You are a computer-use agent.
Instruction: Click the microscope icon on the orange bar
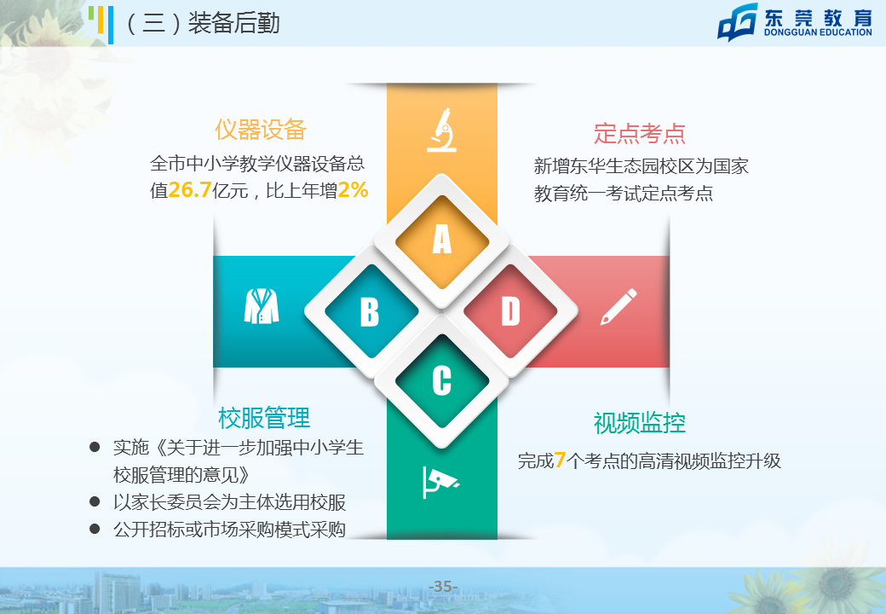(442, 130)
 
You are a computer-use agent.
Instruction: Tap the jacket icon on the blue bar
(262, 306)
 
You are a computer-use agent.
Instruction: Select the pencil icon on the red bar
(618, 307)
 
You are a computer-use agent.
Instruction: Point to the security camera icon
(440, 483)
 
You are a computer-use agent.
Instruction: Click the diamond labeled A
(442, 240)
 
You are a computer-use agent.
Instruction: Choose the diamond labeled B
(371, 311)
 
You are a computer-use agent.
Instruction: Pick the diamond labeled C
(442, 381)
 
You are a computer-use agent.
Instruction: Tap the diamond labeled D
(511, 311)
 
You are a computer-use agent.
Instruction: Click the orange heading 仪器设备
(261, 130)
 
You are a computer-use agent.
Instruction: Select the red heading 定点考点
(640, 134)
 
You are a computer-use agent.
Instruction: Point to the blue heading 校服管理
(264, 419)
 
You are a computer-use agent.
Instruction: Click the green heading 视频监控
(640, 423)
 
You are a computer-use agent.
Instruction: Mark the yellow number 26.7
(190, 190)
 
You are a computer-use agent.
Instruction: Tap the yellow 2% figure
(354, 190)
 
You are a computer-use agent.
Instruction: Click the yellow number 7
(560, 460)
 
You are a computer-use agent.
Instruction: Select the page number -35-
(444, 587)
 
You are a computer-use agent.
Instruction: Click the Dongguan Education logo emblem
(738, 22)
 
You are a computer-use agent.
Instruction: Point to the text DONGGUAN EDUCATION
(818, 32)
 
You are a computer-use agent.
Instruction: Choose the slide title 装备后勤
(234, 23)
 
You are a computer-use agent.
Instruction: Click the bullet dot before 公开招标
(95, 529)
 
